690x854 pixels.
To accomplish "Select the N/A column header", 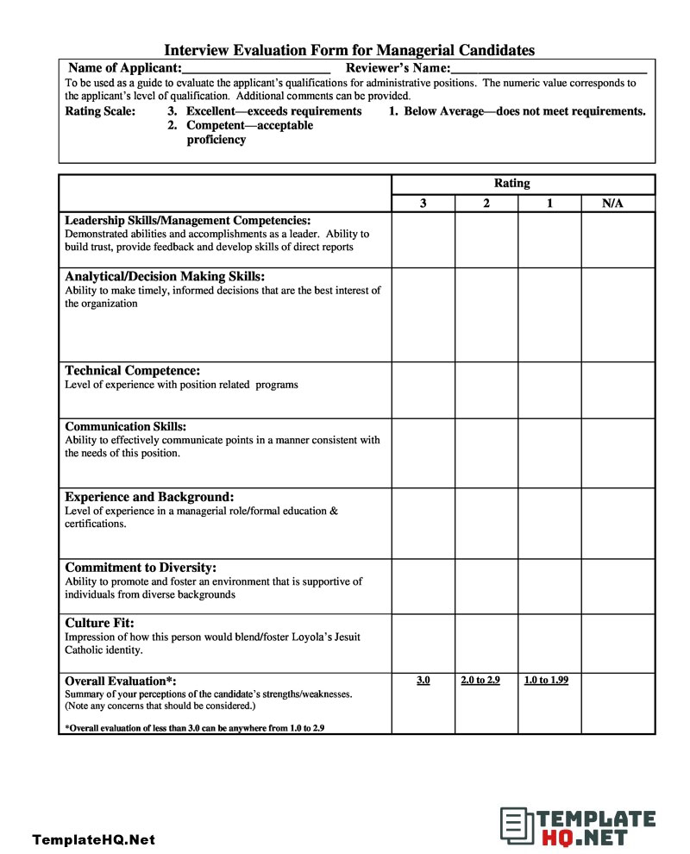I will [x=612, y=204].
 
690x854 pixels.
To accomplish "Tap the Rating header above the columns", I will [x=511, y=183].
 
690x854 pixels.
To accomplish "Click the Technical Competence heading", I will [x=133, y=371].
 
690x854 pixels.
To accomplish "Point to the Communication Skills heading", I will [x=125, y=426].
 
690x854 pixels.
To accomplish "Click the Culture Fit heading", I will [x=99, y=623].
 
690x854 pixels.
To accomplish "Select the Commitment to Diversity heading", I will [x=141, y=568].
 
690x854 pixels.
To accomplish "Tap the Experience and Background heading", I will [x=149, y=497].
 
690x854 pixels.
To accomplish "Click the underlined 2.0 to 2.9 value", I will [x=480, y=681].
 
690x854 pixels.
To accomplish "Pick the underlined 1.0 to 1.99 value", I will [x=546, y=681].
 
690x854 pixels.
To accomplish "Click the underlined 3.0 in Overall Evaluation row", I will [x=423, y=681].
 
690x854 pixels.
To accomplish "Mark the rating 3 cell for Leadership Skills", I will [x=423, y=240].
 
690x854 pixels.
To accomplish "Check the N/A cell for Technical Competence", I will [x=618, y=390].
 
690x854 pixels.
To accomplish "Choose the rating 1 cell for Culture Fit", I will [x=549, y=643].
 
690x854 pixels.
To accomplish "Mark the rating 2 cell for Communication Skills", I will [x=486, y=453].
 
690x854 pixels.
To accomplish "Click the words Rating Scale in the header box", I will [x=100, y=111].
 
